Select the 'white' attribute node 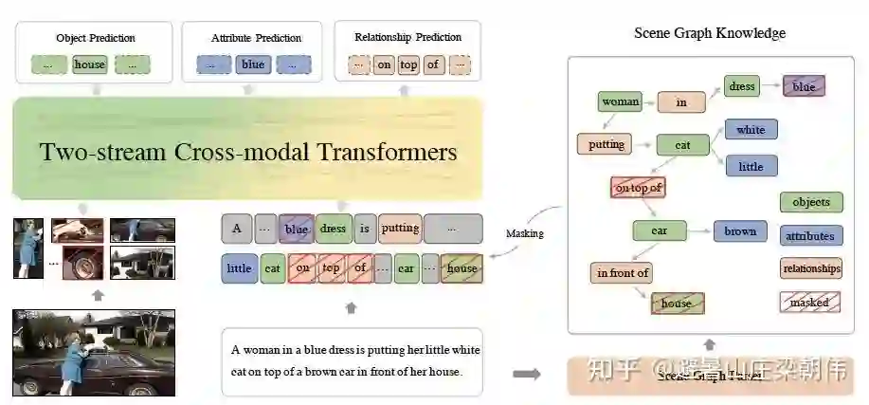[751, 130]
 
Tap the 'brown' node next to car [740, 230]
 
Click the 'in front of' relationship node [623, 273]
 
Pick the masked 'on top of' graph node [638, 188]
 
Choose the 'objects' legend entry [810, 202]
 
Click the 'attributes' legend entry [810, 236]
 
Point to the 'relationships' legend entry [810, 268]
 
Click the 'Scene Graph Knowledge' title [709, 34]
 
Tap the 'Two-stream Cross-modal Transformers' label [248, 153]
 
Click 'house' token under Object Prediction [90, 65]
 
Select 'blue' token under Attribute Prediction [253, 65]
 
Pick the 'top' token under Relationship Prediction [407, 65]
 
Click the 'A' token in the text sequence [237, 229]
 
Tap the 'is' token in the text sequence [364, 229]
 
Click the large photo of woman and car [94, 352]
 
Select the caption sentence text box [352, 360]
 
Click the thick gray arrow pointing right [526, 375]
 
